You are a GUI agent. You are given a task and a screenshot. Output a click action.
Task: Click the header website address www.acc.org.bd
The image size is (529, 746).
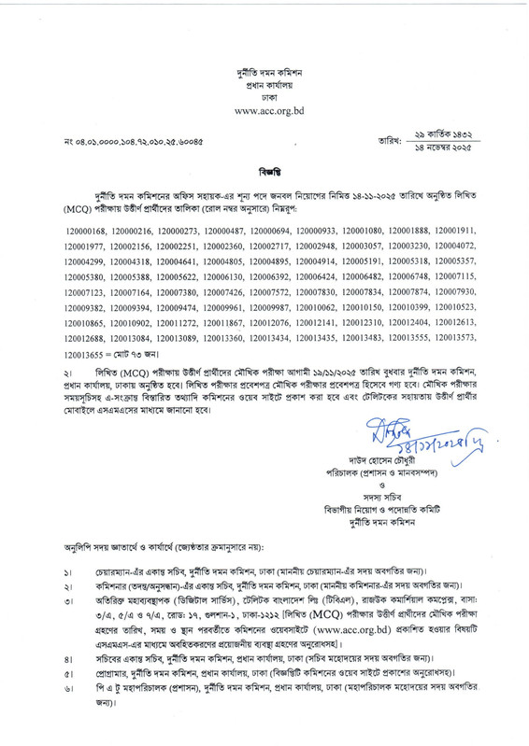[x=264, y=109]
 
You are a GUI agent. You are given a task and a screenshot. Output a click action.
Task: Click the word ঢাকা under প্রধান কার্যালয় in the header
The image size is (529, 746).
[x=264, y=95]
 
